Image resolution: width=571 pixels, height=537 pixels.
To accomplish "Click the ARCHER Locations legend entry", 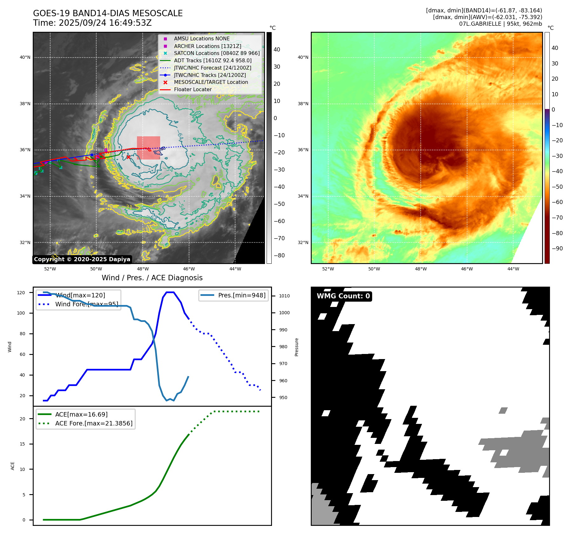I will pyautogui.click(x=207, y=46).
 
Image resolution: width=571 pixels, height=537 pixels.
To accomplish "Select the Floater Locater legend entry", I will pyautogui.click(x=193, y=90).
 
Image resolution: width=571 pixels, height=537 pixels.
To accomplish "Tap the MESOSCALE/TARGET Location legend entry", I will pyautogui.click(x=211, y=82).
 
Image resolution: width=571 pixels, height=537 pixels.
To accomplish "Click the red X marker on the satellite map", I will pyautogui.click(x=128, y=157).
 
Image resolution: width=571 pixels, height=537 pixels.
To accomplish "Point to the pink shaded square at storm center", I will pyautogui.click(x=148, y=148).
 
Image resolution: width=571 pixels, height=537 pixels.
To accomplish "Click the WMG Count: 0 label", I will pyautogui.click(x=343, y=296).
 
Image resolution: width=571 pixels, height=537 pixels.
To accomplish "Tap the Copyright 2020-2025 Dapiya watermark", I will pyautogui.click(x=82, y=259).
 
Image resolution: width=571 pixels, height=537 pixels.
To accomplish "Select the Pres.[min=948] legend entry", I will pyautogui.click(x=241, y=295).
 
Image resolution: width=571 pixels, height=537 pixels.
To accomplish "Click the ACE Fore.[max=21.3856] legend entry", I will pyautogui.click(x=94, y=423).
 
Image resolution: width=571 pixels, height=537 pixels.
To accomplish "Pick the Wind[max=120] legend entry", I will pyautogui.click(x=80, y=295).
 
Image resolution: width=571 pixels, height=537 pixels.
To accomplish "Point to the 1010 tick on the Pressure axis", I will pyautogui.click(x=284, y=296).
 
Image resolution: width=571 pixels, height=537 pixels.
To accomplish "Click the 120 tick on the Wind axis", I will pyautogui.click(x=21, y=293).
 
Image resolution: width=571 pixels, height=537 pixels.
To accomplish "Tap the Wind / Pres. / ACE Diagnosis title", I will pyautogui.click(x=152, y=278).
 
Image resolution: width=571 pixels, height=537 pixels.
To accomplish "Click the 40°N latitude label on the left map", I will pyautogui.click(x=25, y=58).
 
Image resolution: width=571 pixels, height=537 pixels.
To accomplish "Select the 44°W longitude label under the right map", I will pyautogui.click(x=513, y=269).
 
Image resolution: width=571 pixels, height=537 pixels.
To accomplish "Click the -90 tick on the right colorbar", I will pyautogui.click(x=557, y=248).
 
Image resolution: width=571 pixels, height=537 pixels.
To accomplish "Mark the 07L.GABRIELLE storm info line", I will pyautogui.click(x=500, y=24).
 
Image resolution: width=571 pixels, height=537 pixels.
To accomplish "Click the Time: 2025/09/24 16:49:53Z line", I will pyautogui.click(x=92, y=23).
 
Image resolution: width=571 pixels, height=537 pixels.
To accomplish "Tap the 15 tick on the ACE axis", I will pyautogui.click(x=22, y=444).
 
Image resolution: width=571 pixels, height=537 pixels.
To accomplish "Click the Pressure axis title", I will pyautogui.click(x=296, y=347).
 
